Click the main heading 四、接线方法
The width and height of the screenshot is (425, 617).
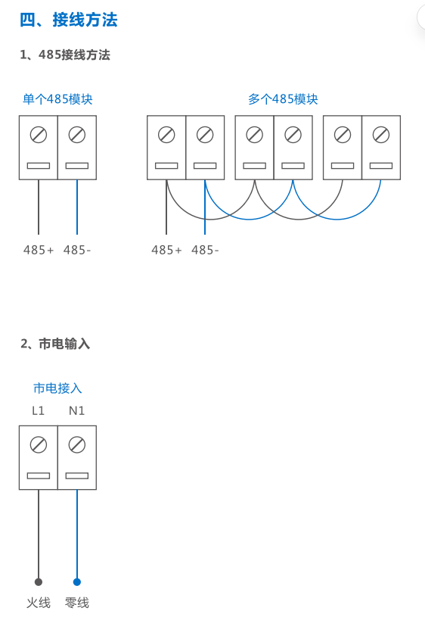68,20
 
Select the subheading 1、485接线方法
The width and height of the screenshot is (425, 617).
65,55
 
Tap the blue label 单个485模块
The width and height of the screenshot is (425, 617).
57,98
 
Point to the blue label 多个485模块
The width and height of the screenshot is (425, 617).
283,98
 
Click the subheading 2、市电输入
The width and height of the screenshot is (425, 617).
55,344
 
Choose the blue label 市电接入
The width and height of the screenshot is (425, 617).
57,388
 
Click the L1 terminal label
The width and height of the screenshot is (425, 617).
38,411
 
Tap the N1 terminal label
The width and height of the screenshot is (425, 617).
76,411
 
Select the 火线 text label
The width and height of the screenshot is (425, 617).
39,603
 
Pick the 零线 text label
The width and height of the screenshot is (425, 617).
77,603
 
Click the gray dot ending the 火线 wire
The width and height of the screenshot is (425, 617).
38,582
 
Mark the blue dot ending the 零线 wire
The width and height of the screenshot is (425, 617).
77,582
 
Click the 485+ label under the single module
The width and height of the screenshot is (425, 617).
38,250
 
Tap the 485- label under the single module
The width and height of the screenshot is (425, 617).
77,250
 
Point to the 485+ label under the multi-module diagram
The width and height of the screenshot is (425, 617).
166,250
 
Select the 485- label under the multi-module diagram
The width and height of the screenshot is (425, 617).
205,250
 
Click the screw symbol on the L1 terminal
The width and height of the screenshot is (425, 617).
39,444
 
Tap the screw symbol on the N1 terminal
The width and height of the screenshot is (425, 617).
77,444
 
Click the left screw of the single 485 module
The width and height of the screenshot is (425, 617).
39,135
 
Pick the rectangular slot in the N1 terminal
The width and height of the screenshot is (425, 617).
77,475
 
